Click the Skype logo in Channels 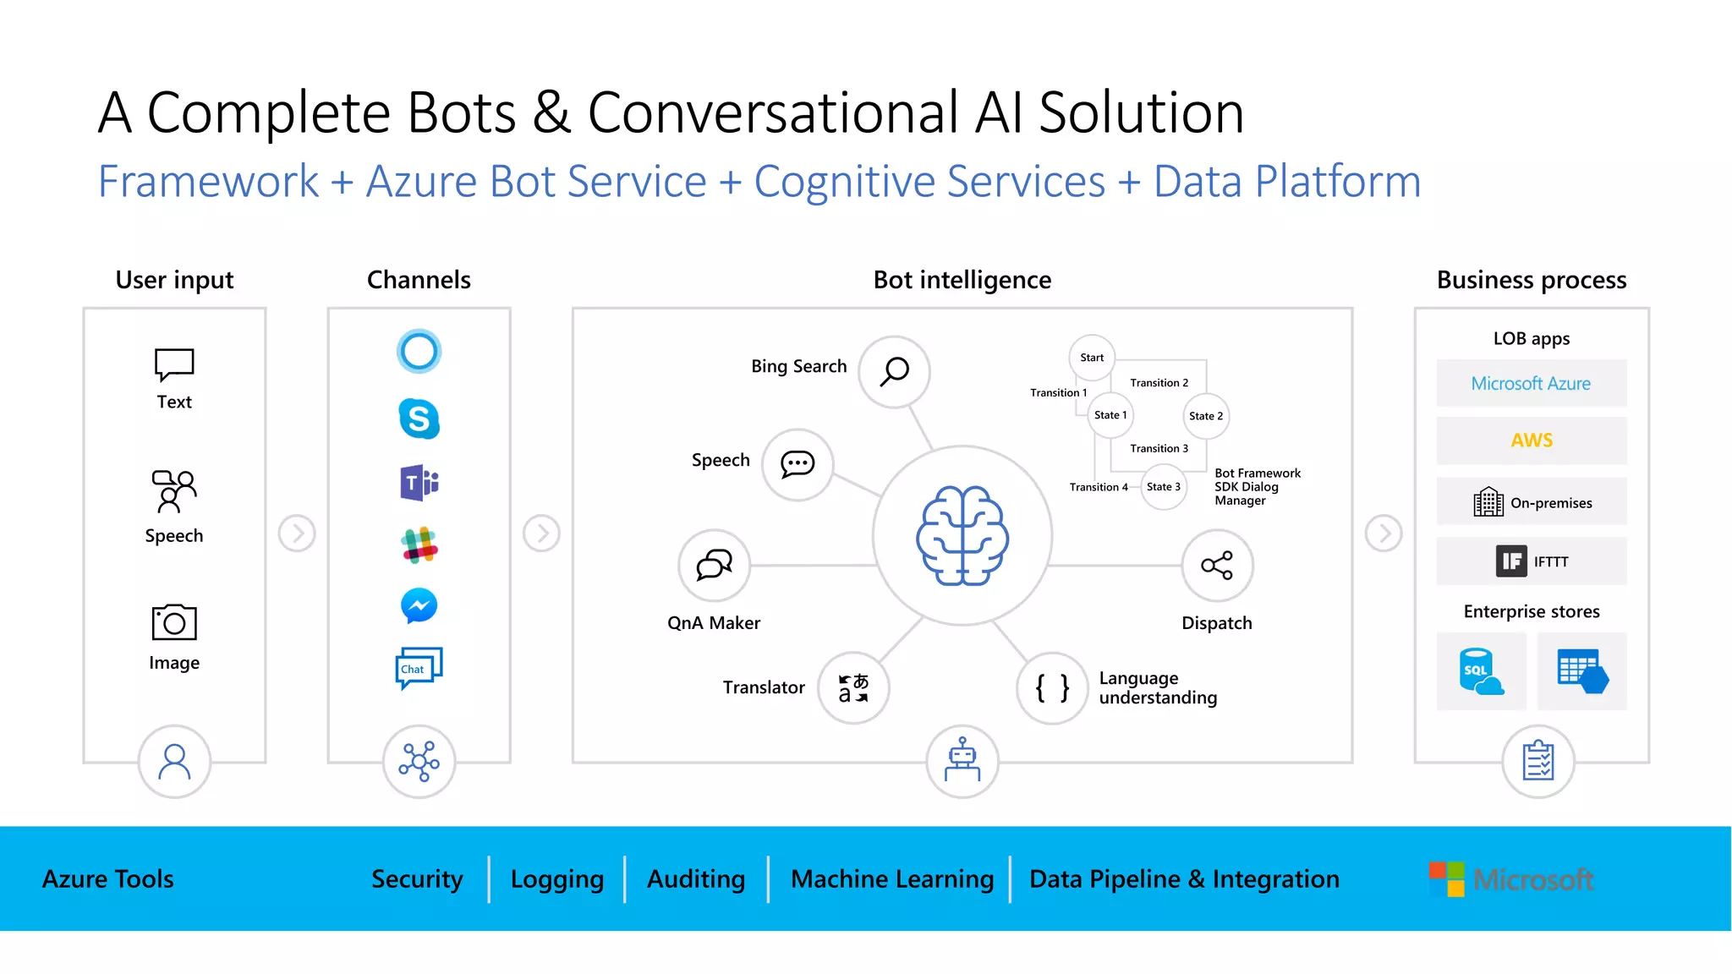(x=419, y=419)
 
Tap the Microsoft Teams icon (x=419, y=483)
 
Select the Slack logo (x=419, y=545)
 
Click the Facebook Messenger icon (x=419, y=605)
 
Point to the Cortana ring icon (x=419, y=351)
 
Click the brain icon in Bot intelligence (x=962, y=536)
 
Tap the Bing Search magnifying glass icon (x=894, y=372)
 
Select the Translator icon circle (x=853, y=687)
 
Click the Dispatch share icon (x=1217, y=566)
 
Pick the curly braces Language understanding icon (x=1052, y=688)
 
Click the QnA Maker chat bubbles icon (x=714, y=565)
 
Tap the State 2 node (x=1205, y=416)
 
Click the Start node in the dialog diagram (x=1092, y=358)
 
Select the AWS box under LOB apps (x=1531, y=440)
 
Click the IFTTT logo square (x=1511, y=561)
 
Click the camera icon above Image (x=174, y=622)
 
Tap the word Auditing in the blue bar (x=696, y=879)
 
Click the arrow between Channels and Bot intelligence (x=541, y=534)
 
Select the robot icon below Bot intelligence (x=962, y=761)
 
